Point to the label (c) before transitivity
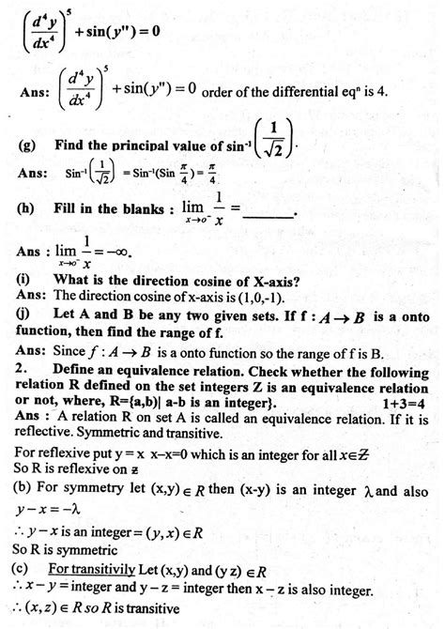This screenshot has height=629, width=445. coord(23,571)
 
